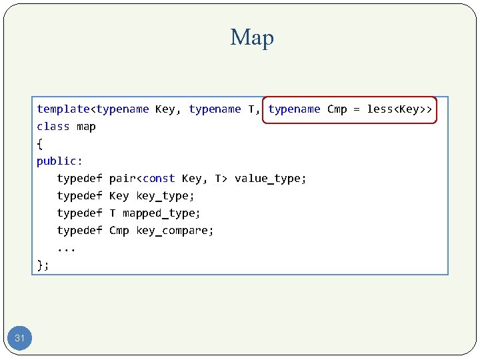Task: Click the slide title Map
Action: (x=252, y=38)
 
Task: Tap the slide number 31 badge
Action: (x=20, y=339)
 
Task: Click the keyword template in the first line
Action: (x=63, y=109)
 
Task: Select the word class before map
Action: (x=53, y=127)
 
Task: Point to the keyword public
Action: (x=57, y=161)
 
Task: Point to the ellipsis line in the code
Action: (x=66, y=248)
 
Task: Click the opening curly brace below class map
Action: (x=40, y=144)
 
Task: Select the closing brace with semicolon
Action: (x=43, y=265)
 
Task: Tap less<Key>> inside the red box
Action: (x=399, y=109)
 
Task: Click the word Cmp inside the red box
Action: (x=337, y=109)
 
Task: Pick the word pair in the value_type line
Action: (x=122, y=179)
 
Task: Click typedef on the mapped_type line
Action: (x=79, y=213)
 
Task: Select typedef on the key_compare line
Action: (x=79, y=231)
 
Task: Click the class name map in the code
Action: (x=86, y=127)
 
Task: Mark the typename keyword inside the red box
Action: (x=294, y=109)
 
